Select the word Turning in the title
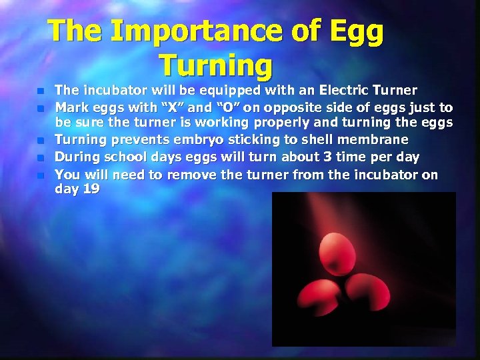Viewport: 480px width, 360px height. [216, 65]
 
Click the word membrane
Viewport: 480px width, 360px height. [379, 140]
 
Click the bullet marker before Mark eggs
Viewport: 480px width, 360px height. [40, 107]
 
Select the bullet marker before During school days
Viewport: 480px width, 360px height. [40, 158]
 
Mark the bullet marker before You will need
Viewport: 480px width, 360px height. [40, 175]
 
